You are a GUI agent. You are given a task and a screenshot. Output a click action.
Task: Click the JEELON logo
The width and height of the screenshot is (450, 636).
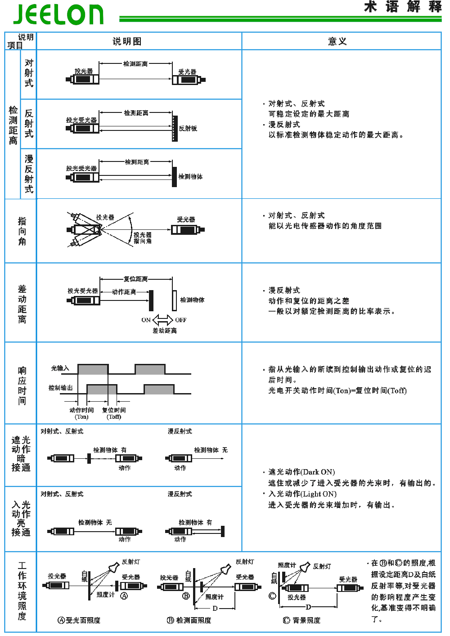coord(58,14)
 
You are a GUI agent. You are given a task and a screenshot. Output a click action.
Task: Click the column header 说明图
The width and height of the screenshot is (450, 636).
coord(127,41)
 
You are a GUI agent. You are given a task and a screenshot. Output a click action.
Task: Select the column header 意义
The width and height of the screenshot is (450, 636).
coord(337,41)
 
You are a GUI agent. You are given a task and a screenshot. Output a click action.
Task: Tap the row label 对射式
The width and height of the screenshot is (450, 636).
coord(29,73)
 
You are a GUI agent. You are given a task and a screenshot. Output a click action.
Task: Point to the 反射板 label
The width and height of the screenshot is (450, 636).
coord(188,128)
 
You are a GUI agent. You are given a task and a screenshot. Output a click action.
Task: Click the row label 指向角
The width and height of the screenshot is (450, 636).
coord(22,231)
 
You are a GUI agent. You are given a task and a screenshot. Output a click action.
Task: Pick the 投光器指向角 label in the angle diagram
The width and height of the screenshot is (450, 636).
coord(143,238)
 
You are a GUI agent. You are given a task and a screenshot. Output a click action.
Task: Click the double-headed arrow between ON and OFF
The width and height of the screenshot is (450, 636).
coord(162,320)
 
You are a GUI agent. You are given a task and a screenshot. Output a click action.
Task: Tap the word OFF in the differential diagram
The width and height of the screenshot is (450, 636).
coord(181,320)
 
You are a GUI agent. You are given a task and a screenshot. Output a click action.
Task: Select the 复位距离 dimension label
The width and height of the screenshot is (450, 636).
coord(135,279)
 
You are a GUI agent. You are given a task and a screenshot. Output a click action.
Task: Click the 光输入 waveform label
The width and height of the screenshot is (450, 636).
coord(60,368)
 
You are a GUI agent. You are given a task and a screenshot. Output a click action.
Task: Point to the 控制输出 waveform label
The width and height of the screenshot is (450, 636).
coord(61,388)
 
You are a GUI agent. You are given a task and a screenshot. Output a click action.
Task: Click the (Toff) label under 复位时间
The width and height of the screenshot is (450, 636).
coord(114,417)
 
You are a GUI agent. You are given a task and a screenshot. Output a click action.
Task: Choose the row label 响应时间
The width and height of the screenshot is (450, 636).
coord(22,385)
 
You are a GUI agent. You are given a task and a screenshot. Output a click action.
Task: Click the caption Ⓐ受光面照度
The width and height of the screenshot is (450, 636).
coord(79,620)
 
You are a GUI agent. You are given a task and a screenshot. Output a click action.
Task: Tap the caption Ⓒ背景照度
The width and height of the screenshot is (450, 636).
coord(301,620)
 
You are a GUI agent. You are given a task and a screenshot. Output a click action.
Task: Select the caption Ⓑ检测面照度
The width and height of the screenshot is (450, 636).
coord(189,620)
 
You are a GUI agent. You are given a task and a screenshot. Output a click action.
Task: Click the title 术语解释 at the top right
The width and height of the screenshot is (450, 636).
coord(403,7)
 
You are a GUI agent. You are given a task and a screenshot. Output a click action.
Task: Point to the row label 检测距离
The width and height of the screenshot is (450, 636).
coord(13,125)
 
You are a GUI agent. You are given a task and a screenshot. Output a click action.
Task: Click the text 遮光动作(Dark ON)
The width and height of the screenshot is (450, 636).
coord(301,472)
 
